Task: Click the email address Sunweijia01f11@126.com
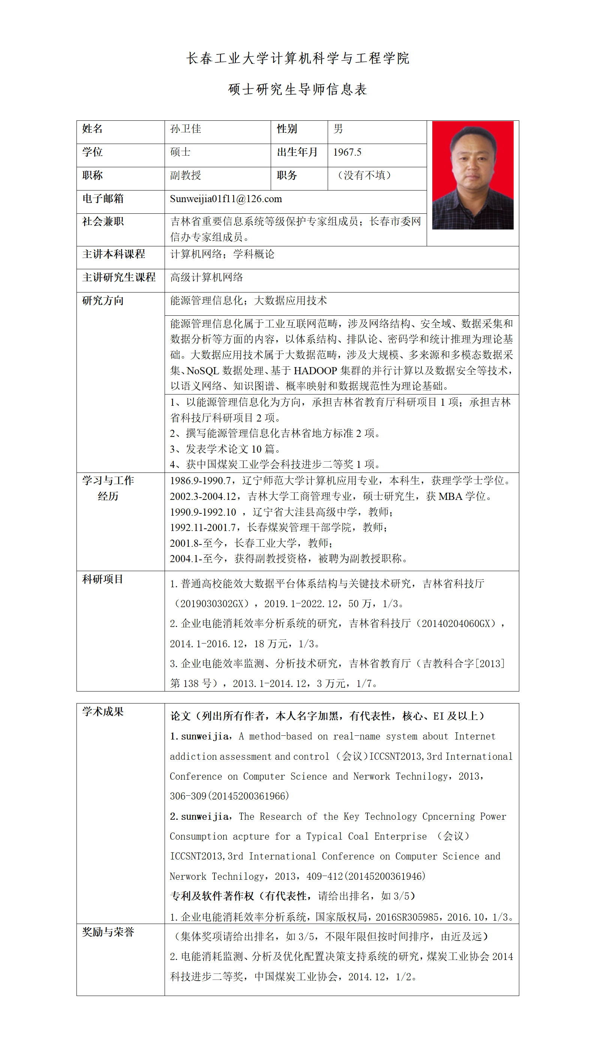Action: coord(226,199)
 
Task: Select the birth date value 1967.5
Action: coord(347,152)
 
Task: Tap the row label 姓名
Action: coord(92,129)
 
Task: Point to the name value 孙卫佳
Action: coord(186,129)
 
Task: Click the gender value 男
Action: coord(338,129)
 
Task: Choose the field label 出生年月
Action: coord(297,152)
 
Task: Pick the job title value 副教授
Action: coord(186,176)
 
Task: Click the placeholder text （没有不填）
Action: coord(364,176)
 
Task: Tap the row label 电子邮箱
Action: coord(103,199)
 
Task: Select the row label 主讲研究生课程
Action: coord(119,277)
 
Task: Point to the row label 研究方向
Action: coord(103,301)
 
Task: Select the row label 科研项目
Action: coord(103,579)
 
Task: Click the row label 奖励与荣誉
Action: coord(108,932)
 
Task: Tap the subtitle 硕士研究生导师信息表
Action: coord(298,90)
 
